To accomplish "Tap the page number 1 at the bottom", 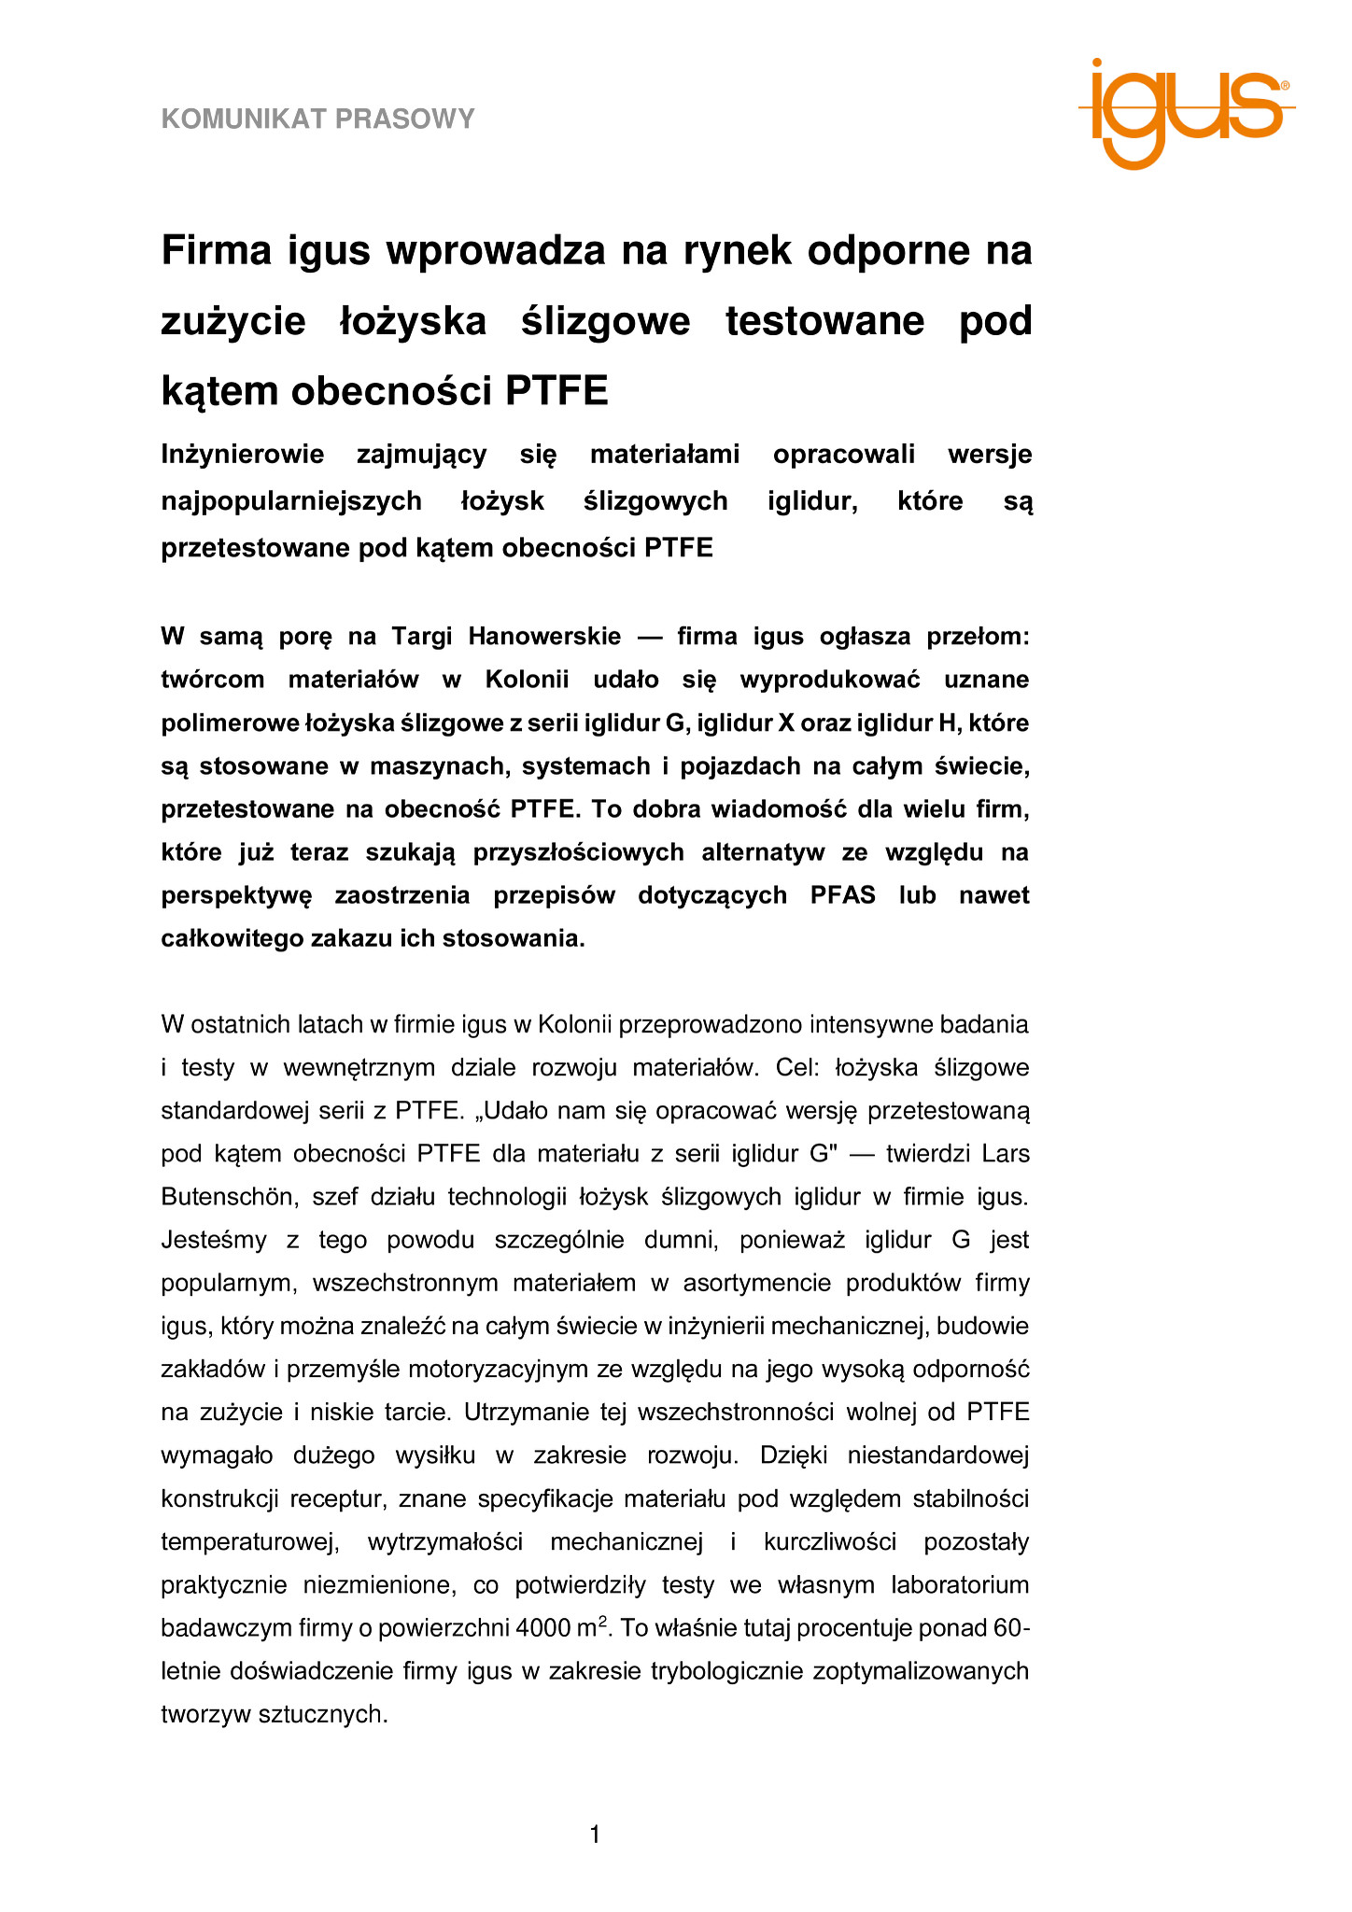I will (596, 1835).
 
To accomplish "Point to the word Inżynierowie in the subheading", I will (242, 455).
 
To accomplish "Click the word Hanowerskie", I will (544, 637).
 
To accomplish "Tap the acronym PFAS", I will (843, 895).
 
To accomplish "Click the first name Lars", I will (1006, 1154).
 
